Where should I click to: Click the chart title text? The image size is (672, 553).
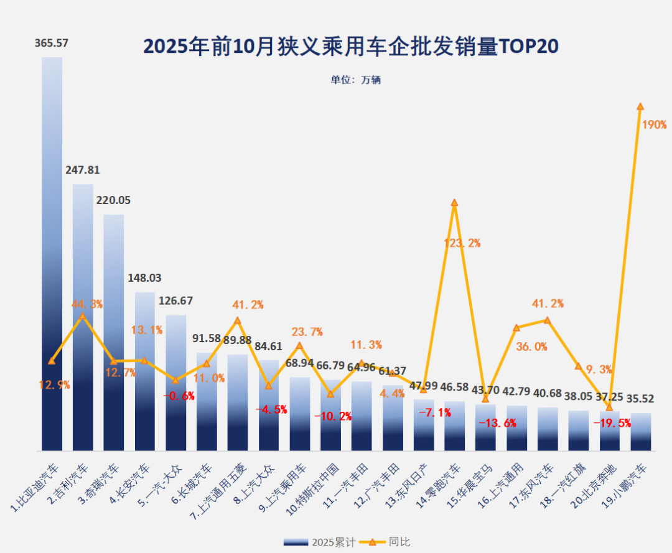point(351,47)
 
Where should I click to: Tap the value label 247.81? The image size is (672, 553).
point(83,170)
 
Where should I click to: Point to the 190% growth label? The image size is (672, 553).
point(654,125)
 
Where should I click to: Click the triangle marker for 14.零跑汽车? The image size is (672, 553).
point(454,203)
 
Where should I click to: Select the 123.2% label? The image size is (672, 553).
point(462,243)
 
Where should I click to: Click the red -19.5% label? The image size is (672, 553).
point(612,423)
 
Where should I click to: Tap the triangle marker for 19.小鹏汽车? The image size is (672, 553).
point(640,106)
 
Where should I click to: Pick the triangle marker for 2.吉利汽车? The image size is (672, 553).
point(83,316)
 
